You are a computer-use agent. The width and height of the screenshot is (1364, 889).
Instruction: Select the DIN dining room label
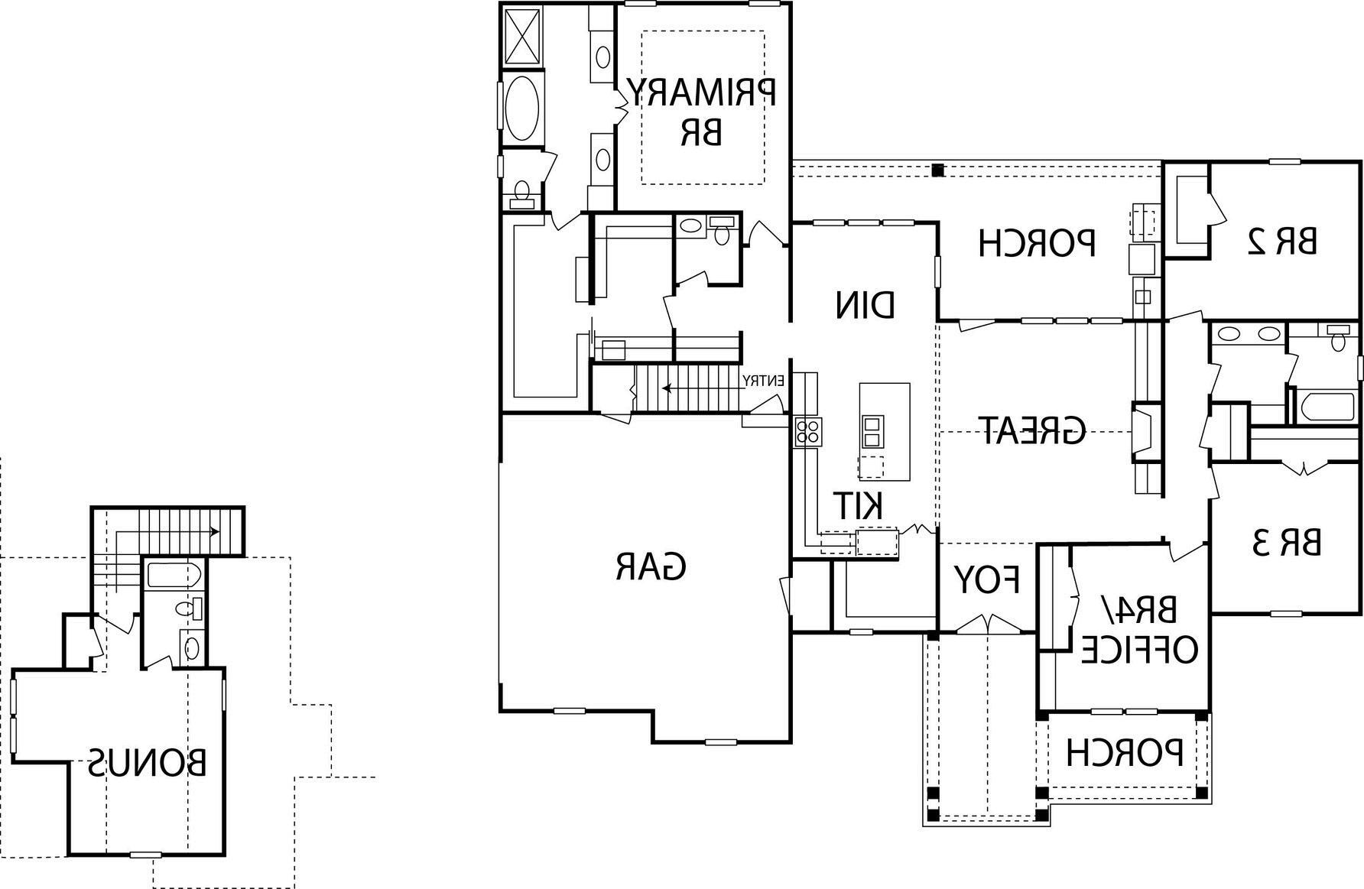(x=865, y=305)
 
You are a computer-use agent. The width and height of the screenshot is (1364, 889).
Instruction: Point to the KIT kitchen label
(x=858, y=505)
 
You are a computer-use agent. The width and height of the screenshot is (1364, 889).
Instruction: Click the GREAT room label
(x=1032, y=431)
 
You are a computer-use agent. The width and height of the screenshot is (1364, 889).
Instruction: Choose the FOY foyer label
(x=986, y=581)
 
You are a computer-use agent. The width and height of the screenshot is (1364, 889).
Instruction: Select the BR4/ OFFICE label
(x=1138, y=631)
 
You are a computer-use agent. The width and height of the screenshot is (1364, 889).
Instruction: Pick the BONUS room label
(x=147, y=762)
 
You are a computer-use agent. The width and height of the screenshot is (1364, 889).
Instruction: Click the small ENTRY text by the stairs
(x=765, y=380)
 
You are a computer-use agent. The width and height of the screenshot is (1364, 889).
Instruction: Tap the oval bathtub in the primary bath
(x=522, y=108)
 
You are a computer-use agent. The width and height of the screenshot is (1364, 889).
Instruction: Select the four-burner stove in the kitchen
(x=807, y=432)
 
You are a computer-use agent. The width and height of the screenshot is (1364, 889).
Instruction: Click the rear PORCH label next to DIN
(x=1037, y=242)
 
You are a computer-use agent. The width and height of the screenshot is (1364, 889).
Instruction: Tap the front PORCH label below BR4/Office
(x=1124, y=752)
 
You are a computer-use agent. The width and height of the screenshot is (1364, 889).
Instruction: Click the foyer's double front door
(x=988, y=625)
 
